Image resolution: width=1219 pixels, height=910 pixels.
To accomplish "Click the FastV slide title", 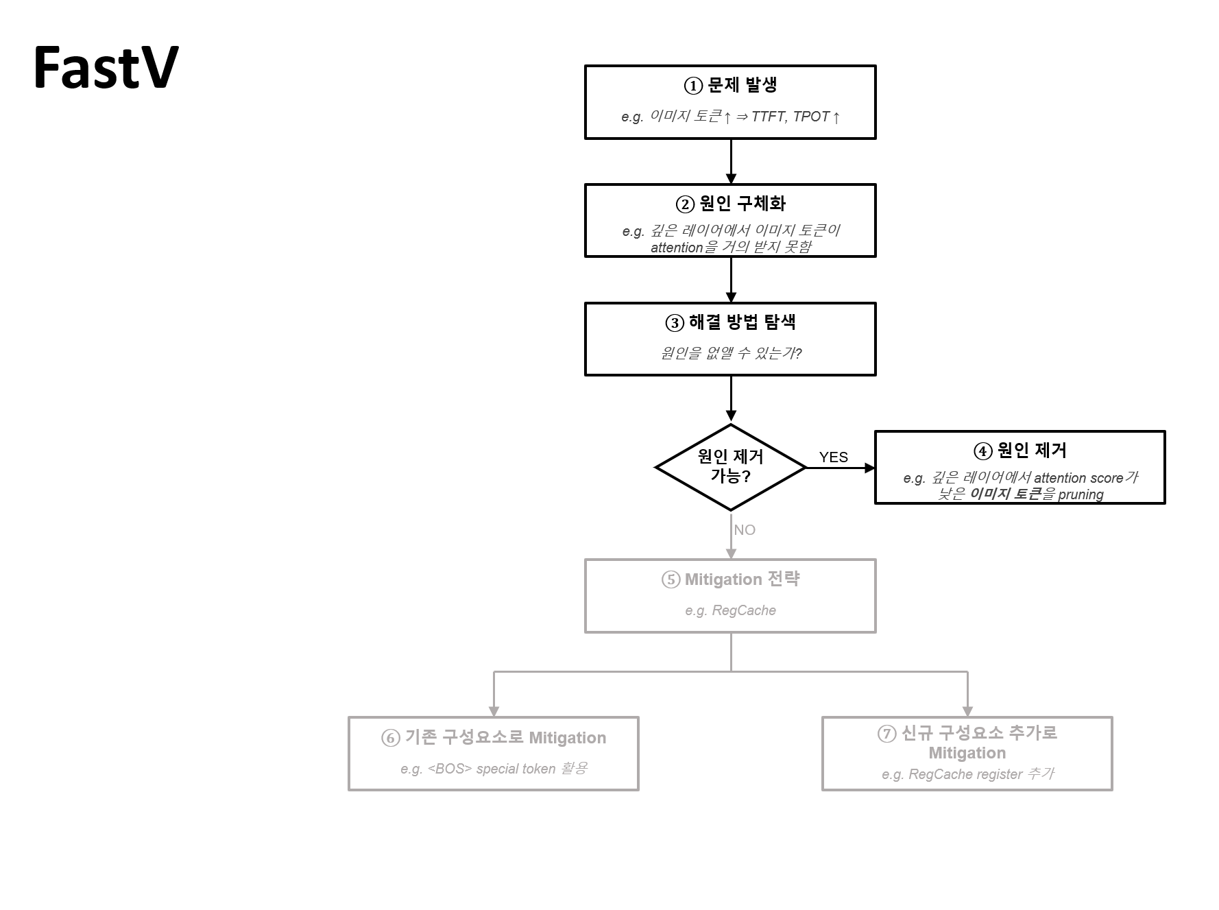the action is pyautogui.click(x=106, y=67).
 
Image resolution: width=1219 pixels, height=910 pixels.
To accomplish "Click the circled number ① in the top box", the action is pyautogui.click(x=693, y=86).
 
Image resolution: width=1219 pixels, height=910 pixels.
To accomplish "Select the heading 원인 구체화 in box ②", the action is pyautogui.click(x=743, y=204).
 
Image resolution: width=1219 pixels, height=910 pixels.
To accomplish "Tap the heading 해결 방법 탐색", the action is pyautogui.click(x=743, y=322).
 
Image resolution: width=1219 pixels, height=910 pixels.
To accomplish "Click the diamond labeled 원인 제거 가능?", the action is pyautogui.click(x=731, y=467).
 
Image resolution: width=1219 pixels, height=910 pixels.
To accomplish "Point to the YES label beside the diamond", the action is pyautogui.click(x=834, y=457).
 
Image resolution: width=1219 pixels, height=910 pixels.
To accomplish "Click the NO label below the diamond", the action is pyautogui.click(x=745, y=530).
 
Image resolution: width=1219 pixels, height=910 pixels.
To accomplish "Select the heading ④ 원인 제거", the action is pyautogui.click(x=1020, y=451).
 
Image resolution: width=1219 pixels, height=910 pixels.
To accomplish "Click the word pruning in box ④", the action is pyautogui.click(x=1081, y=494).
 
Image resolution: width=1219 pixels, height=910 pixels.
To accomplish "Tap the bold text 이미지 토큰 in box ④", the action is pyautogui.click(x=1005, y=494).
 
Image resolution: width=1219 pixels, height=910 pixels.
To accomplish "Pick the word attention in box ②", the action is pyautogui.click(x=677, y=248).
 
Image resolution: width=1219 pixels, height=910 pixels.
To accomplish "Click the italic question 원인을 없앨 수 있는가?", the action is pyautogui.click(x=731, y=353).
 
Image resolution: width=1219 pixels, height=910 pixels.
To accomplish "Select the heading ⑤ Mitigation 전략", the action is pyautogui.click(x=731, y=579).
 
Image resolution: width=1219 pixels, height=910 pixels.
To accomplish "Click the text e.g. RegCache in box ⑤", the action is pyautogui.click(x=731, y=610).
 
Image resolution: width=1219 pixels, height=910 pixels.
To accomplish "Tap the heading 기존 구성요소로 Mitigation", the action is pyautogui.click(x=505, y=738).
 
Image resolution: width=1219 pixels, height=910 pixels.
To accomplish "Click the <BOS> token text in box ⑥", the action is pyautogui.click(x=450, y=769).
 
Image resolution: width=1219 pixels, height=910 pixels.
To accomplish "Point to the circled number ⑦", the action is pyautogui.click(x=887, y=734).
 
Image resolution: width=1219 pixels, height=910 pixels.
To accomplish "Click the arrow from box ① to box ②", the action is pyautogui.click(x=731, y=162).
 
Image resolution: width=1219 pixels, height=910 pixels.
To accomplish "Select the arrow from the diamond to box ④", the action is pyautogui.click(x=841, y=468).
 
